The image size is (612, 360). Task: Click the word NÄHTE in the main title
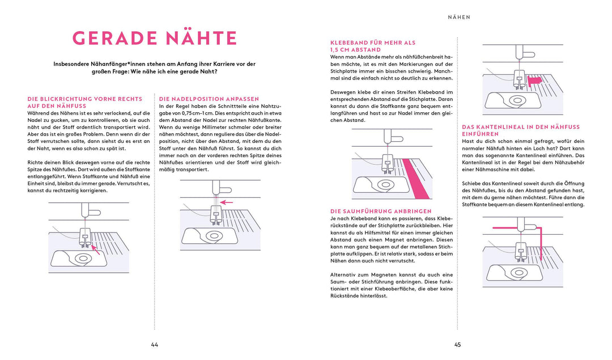pos(199,38)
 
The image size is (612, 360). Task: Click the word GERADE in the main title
pos(112,38)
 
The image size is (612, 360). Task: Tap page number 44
pos(155,345)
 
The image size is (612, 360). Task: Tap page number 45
pos(457,345)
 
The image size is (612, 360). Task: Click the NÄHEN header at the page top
pos(459,17)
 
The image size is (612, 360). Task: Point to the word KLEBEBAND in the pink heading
pos(350,43)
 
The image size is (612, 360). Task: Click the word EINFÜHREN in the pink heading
pos(481,134)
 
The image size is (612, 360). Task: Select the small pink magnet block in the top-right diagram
pos(535,81)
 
